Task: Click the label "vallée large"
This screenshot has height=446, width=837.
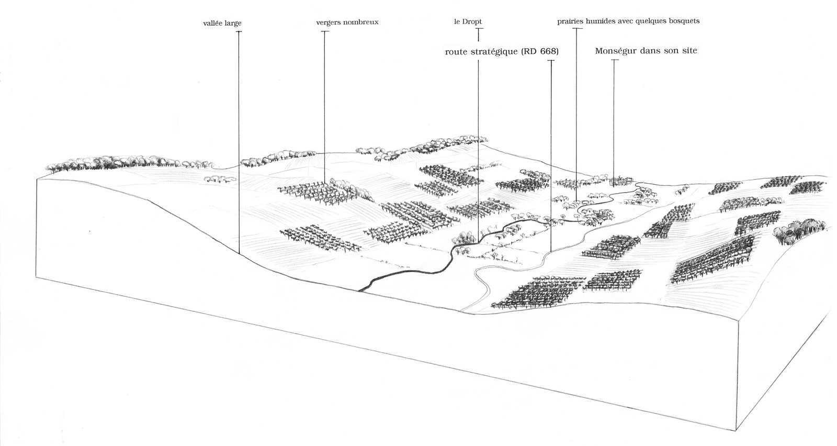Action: (x=222, y=24)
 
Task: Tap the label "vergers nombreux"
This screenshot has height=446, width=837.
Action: (x=347, y=23)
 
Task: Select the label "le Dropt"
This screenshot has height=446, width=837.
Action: (x=468, y=22)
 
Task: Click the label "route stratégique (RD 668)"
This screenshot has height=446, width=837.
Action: (x=502, y=52)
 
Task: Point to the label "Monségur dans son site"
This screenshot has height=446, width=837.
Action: (x=646, y=51)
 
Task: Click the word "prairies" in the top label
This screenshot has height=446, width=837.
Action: (x=571, y=21)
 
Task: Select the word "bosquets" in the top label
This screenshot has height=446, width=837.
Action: (x=682, y=21)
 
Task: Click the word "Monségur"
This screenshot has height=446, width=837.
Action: (x=615, y=51)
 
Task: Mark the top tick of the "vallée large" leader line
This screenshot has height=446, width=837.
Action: (x=239, y=32)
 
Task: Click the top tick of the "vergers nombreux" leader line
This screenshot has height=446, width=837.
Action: (x=325, y=32)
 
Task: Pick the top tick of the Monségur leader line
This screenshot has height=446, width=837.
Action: (x=614, y=60)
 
